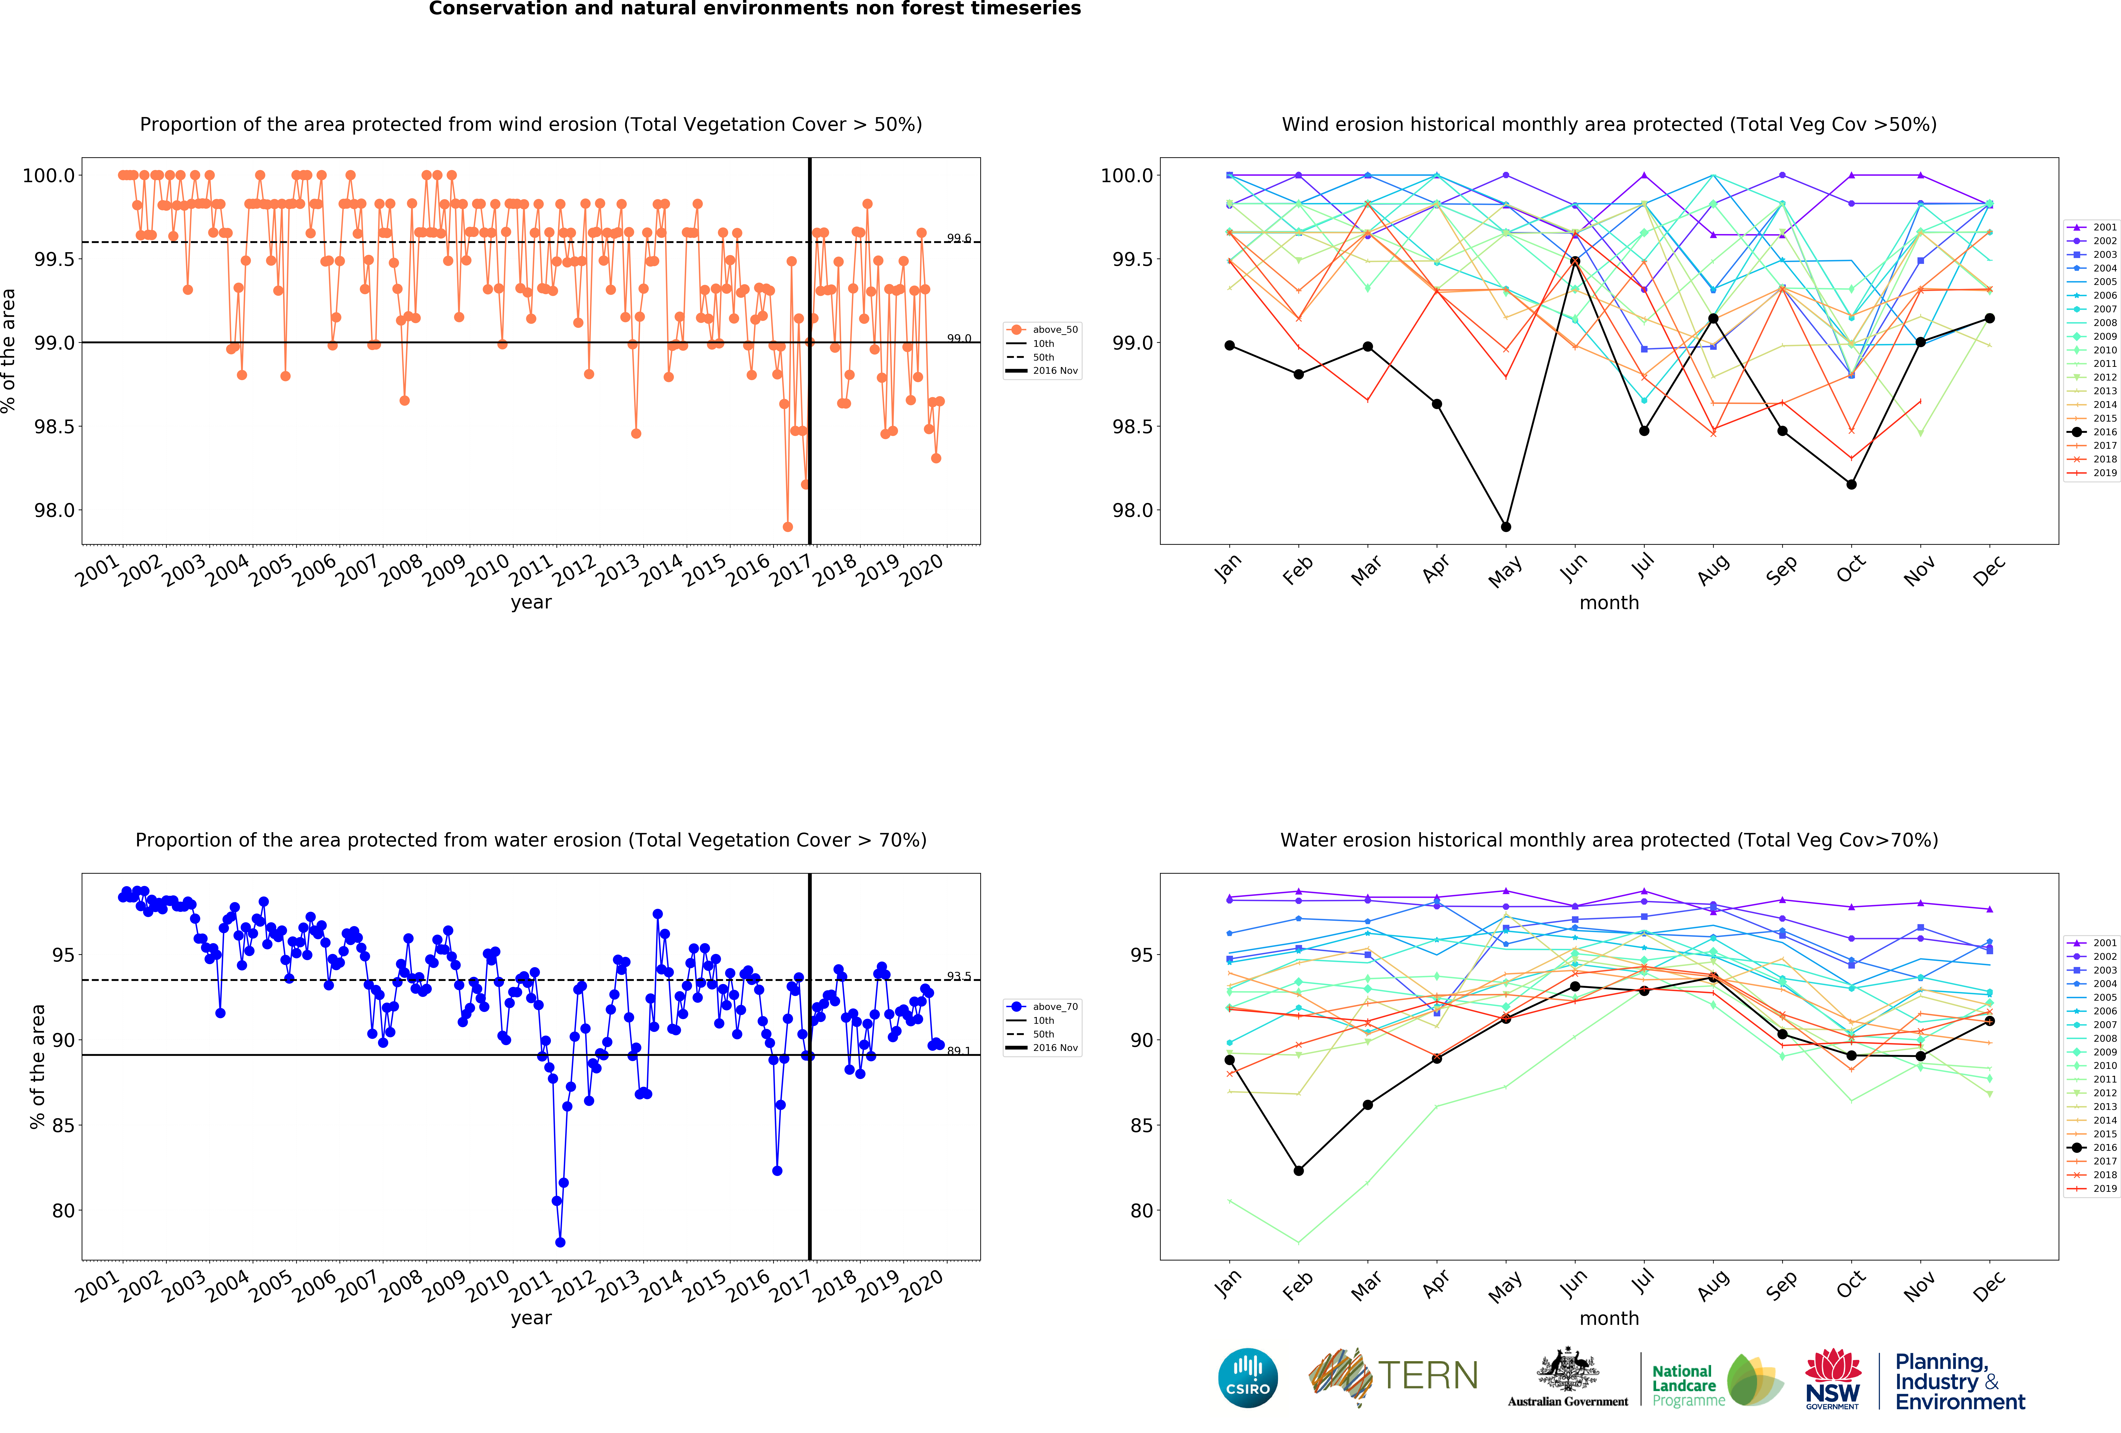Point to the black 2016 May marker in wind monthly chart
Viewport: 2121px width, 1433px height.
pos(1506,527)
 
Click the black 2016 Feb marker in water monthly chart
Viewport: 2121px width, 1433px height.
pos(1299,1170)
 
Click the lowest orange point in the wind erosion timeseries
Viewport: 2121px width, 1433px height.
pos(788,527)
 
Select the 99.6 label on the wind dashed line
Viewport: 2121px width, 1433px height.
pos(958,238)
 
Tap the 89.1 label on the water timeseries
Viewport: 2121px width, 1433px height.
pos(958,1050)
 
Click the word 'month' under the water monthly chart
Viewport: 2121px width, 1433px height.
pos(1609,1318)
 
